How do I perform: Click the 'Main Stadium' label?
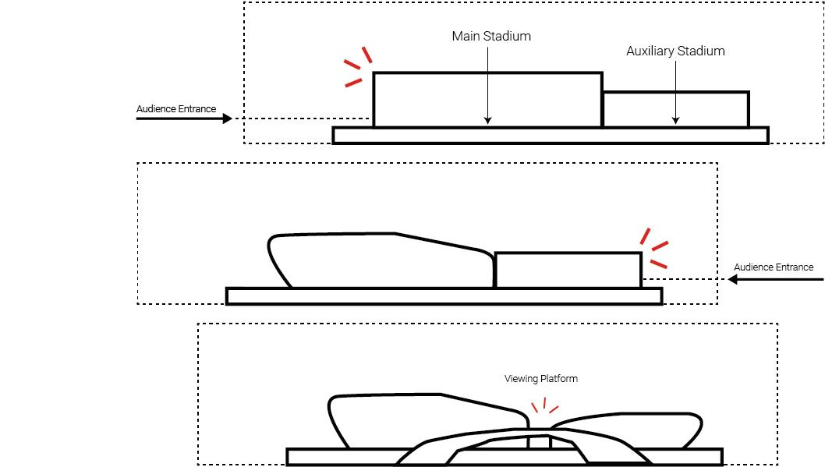coord(491,37)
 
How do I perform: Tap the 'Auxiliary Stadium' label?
coord(675,51)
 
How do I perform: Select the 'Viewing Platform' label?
coord(541,379)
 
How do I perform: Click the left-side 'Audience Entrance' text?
coord(176,109)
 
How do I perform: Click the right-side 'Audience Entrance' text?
coord(774,267)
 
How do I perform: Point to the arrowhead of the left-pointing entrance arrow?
coord(722,279)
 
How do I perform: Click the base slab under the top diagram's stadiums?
coord(550,136)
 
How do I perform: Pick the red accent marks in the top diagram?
coord(357,66)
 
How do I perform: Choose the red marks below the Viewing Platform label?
coord(544,408)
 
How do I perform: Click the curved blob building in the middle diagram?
coord(374,260)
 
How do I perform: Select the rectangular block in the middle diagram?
coord(568,270)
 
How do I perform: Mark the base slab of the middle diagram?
coord(443,296)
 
